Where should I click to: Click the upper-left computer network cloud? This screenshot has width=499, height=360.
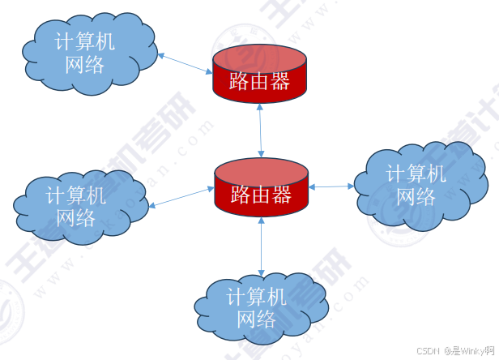tap(89, 53)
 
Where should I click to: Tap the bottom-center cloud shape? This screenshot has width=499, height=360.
tap(259, 309)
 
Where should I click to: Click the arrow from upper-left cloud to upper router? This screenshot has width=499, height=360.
tap(185, 65)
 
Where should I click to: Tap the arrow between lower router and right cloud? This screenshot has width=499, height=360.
tap(331, 186)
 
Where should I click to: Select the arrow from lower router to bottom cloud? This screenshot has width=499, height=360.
tap(261, 246)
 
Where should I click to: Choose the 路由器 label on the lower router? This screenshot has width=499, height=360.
tap(261, 195)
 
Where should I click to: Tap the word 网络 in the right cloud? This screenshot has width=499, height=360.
tap(416, 196)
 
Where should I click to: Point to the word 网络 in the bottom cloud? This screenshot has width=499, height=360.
tap(257, 319)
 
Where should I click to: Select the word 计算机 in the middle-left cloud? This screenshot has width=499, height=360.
tap(76, 195)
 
